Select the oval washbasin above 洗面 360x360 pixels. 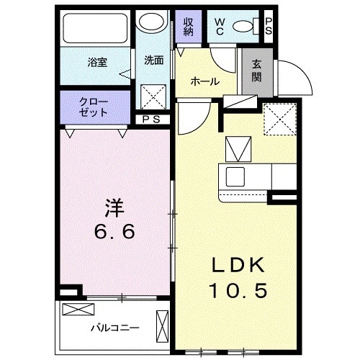pos(151,23)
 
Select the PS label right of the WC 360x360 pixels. pos(269,26)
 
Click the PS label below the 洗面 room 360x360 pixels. pos(151,120)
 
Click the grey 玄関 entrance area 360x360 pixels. pos(256,72)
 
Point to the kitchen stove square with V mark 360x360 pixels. pos(238,149)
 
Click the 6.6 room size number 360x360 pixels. pos(114,233)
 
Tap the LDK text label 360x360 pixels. pos(238,265)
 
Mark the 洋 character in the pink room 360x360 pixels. pos(114,209)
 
